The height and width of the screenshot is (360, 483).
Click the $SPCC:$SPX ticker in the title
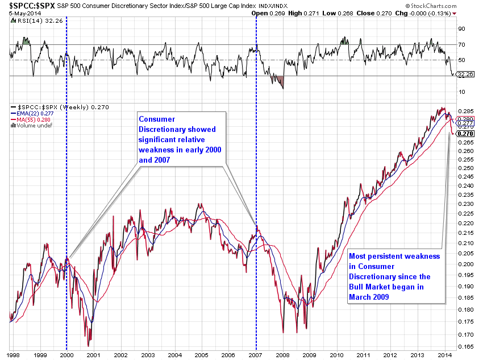[x=23, y=5]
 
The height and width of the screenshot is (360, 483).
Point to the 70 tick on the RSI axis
[x=462, y=44]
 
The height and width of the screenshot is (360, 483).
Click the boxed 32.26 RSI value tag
[x=465, y=74]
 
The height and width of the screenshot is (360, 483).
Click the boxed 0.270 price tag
[x=466, y=133]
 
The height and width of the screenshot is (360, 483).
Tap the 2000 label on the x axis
[x=67, y=354]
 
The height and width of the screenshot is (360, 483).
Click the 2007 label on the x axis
[x=256, y=354]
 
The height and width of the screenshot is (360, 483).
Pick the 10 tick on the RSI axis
[x=462, y=92]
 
